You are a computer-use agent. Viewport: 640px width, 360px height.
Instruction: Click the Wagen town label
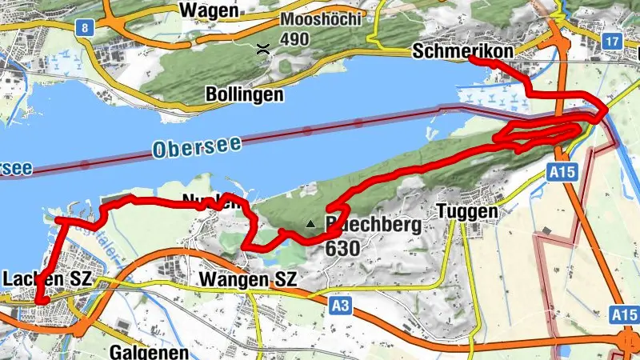pos(210,10)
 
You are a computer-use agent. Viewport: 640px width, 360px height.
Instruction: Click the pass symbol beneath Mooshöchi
pos(262,49)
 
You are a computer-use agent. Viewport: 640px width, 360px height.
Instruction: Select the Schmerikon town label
pos(463,50)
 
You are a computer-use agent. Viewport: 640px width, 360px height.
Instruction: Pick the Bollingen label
pos(245,94)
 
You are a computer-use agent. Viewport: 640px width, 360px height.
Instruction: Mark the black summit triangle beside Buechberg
pos(310,224)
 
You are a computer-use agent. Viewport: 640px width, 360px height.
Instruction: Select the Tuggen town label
pos(468,212)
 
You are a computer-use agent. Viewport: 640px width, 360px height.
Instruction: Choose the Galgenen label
pos(150,352)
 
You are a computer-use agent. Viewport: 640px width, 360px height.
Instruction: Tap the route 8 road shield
pos(83,28)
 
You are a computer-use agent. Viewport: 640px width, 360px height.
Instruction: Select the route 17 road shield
pos(614,40)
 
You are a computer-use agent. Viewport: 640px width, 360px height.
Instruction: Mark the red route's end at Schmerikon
pos(490,61)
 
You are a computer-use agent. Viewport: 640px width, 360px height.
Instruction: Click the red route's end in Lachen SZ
pos(38,300)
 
